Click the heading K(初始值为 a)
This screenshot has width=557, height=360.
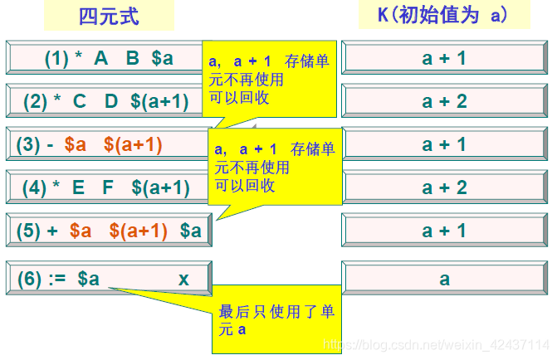[443, 16]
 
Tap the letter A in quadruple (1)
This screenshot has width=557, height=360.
[101, 59]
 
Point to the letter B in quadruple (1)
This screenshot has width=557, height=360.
[132, 59]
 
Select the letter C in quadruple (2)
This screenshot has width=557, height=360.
[80, 102]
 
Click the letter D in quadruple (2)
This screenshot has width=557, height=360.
[111, 102]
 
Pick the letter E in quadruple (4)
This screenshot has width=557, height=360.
[79, 187]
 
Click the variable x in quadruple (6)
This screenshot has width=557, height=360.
[183, 280]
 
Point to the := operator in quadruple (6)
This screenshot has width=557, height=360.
[56, 280]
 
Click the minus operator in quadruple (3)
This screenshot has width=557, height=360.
[51, 145]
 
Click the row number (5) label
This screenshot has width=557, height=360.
[31, 231]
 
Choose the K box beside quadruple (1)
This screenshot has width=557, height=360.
[444, 59]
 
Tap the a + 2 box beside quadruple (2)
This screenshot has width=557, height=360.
[444, 102]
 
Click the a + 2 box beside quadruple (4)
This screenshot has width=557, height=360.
[444, 187]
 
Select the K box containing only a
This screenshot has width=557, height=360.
[444, 280]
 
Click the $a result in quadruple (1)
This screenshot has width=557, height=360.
[162, 59]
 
